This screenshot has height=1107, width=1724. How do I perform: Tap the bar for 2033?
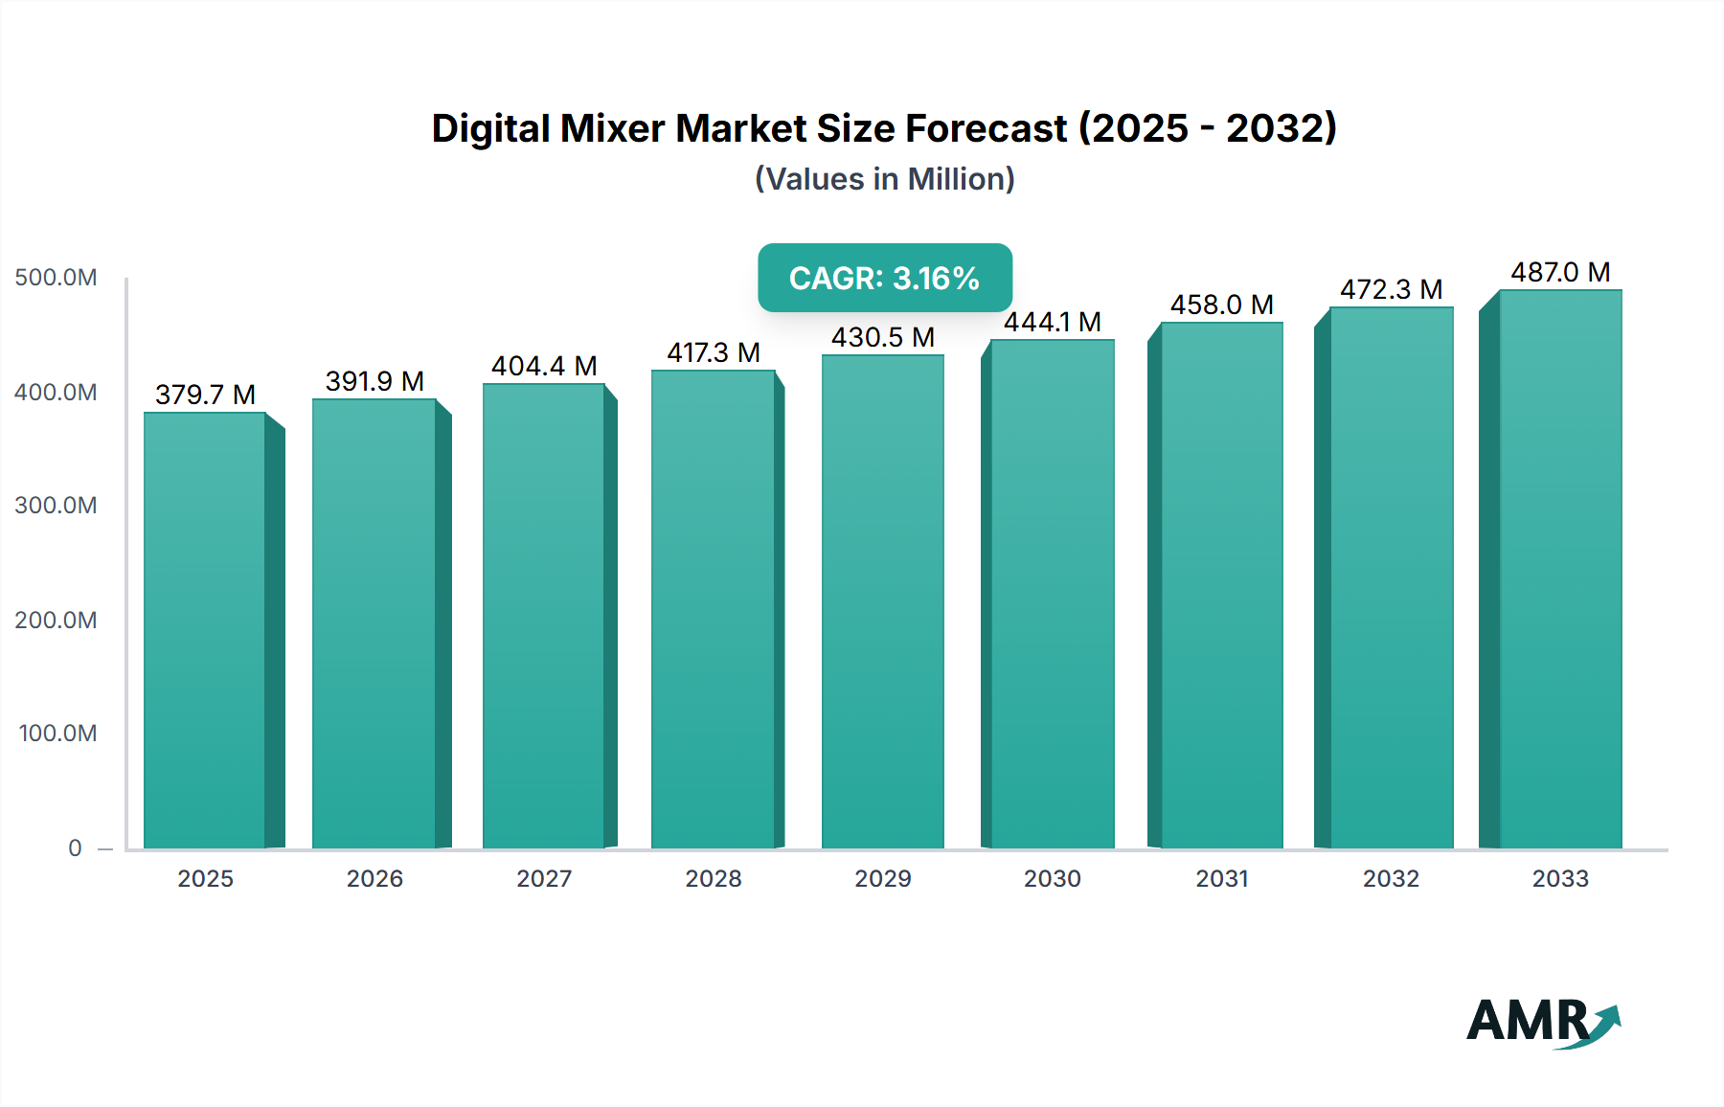coord(1560,569)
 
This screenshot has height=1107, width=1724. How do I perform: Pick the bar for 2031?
coord(1221,585)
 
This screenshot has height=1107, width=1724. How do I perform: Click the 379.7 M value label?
coord(205,395)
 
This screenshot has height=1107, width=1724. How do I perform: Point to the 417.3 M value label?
coord(714,352)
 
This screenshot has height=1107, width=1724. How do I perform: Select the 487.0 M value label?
coord(1560,272)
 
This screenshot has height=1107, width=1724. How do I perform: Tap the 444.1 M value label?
coord(1052,322)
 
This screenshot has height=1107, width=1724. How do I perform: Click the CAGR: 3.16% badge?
coord(884,278)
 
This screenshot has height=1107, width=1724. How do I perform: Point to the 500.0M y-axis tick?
coord(56,278)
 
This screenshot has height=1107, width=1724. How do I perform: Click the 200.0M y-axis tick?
coord(56,620)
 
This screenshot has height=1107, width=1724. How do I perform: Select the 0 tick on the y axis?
coord(75,847)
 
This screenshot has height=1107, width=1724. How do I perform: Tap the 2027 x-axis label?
coord(544,878)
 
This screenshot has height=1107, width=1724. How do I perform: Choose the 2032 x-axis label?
coord(1391,878)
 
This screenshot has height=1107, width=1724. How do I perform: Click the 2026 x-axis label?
coord(374,878)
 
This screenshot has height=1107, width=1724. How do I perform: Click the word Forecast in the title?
coord(986,128)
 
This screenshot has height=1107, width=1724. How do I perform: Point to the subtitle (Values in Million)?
coord(884,179)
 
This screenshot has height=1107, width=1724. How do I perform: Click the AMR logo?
coord(1542,1021)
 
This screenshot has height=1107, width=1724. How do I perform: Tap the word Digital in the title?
coord(490,128)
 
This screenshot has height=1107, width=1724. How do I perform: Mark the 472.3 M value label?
coord(1391,289)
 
